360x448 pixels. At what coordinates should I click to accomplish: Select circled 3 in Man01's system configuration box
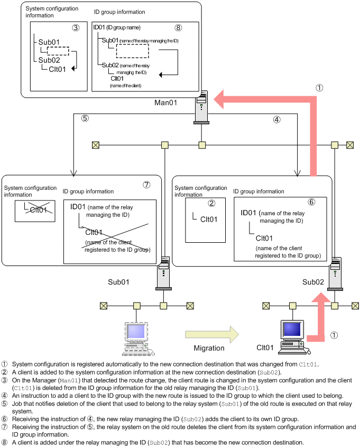pyautogui.click(x=76, y=27)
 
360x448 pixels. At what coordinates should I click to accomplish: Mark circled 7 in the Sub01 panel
pyautogui.click(x=147, y=185)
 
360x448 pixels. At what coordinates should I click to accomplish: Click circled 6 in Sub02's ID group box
pyautogui.click(x=311, y=202)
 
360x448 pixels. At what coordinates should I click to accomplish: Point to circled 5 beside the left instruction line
pyautogui.click(x=85, y=119)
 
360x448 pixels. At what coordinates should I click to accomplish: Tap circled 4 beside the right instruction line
pyautogui.click(x=276, y=120)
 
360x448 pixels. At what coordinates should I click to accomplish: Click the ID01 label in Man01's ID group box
pyautogui.click(x=99, y=28)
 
